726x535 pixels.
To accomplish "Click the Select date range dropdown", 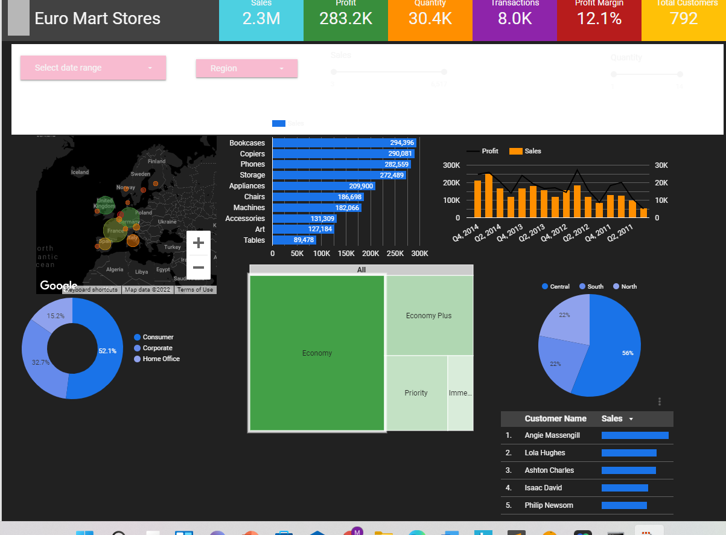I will tap(93, 68).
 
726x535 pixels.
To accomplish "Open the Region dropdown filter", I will tap(246, 68).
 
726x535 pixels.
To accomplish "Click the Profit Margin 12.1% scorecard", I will tap(599, 18).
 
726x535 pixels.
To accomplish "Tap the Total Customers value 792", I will tap(683, 18).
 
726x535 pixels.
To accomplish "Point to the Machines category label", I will tap(249, 208).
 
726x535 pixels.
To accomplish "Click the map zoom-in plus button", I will tap(198, 243).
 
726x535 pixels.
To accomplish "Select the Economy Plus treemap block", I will tap(428, 315).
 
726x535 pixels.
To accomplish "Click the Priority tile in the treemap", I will tap(416, 393).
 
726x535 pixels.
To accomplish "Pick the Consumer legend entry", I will tap(158, 337).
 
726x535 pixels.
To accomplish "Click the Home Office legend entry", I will tap(161, 359).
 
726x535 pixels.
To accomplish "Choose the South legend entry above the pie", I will tap(595, 286).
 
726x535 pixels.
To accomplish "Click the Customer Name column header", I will tap(555, 418).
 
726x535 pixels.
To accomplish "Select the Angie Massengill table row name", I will tap(552, 435).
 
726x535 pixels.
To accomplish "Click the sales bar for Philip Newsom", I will tap(624, 505).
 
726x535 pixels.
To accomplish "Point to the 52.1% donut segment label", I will tap(107, 351).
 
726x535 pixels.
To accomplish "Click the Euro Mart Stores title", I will tap(98, 19).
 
